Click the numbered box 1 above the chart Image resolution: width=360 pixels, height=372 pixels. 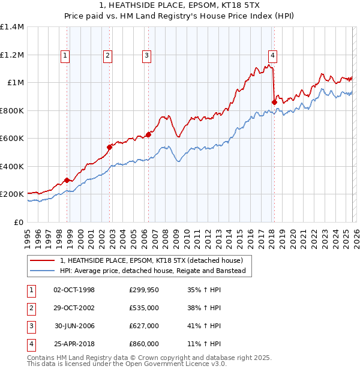click(65, 56)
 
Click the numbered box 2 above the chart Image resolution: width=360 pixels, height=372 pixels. click(107, 56)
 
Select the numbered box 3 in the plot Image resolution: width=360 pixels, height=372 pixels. click(146, 56)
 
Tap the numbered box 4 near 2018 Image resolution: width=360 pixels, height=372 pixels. click(272, 56)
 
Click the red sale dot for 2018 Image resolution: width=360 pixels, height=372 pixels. click(274, 103)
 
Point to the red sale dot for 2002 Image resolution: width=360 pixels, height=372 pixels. click(110, 147)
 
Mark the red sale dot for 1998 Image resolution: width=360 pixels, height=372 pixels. click(67, 180)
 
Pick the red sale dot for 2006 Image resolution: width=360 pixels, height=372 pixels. click(148, 134)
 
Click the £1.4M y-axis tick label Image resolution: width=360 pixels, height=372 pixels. click(12, 27)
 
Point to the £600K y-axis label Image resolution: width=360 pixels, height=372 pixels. click(12, 139)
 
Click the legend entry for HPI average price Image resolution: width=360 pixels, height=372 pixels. click(153, 271)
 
